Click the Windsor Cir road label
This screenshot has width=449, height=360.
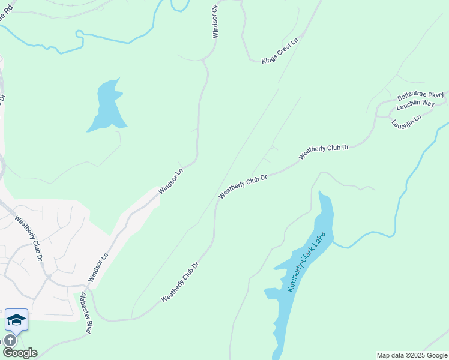[x=215, y=22]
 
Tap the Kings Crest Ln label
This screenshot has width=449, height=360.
[x=280, y=52]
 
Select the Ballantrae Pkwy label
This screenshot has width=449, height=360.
[x=420, y=95]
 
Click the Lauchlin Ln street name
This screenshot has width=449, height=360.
[x=406, y=120]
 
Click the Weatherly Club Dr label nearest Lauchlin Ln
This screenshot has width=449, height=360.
[x=324, y=151]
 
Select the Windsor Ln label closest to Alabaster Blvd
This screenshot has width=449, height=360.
[x=98, y=267]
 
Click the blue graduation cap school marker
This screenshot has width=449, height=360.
[x=16, y=320]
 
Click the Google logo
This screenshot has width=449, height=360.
[x=20, y=353]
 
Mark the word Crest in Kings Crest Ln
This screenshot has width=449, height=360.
[x=282, y=50]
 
